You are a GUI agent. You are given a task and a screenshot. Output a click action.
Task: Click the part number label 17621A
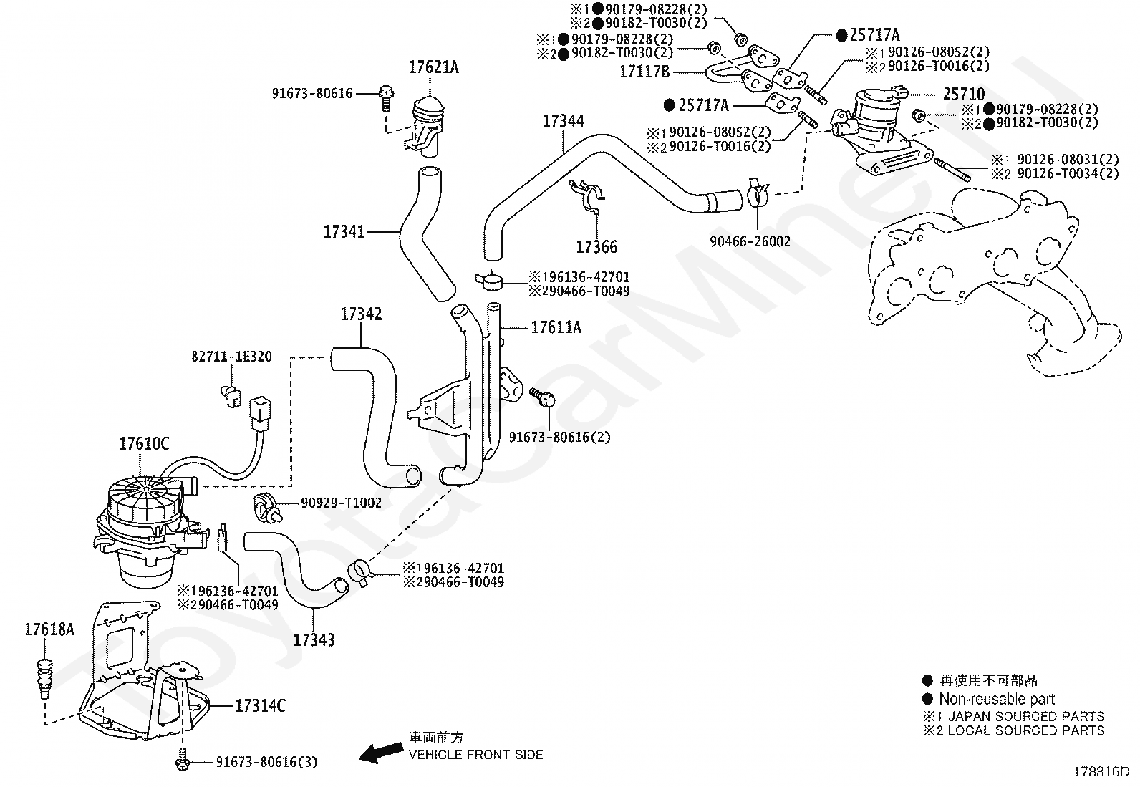[x=434, y=67]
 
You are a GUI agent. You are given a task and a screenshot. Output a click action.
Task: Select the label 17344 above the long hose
[x=564, y=121]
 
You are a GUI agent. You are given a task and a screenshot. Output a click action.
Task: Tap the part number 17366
[x=596, y=247]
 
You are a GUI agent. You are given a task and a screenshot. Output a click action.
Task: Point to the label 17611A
[x=556, y=327]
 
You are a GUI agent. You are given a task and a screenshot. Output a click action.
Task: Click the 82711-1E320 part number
[x=231, y=357]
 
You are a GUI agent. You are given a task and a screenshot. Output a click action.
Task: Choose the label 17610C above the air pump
[x=144, y=444]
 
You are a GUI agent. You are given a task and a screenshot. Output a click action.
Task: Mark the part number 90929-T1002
[x=341, y=503]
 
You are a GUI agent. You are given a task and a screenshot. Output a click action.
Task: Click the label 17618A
[x=50, y=629]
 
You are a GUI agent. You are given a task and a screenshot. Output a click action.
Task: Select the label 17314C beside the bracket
[x=260, y=706]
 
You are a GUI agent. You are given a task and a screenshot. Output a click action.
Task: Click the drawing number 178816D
[x=1101, y=772]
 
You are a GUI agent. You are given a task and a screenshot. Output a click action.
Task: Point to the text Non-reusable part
[x=997, y=699]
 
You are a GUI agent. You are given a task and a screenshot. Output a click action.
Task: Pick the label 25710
[x=964, y=95]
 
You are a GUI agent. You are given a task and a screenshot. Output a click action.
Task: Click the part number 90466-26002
[x=750, y=241]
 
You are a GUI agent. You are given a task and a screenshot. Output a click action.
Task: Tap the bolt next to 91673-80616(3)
[x=182, y=758]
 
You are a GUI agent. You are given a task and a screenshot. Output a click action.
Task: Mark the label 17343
[x=314, y=640]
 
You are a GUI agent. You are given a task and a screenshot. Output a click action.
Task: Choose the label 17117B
[x=644, y=72]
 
